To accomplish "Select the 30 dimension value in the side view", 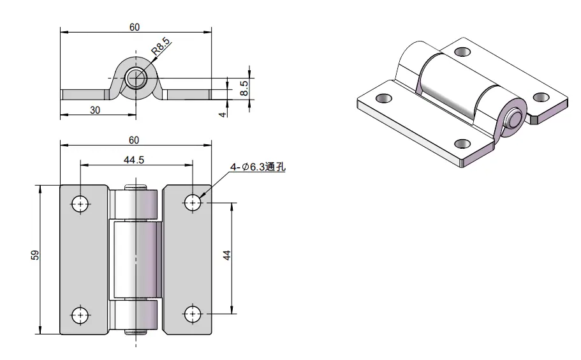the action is point(95,110).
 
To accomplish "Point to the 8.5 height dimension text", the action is point(244,88).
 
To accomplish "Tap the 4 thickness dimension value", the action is point(223,114).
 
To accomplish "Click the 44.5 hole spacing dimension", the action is point(134,160).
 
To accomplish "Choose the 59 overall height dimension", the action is point(35,255).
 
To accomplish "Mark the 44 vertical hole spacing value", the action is point(227,255).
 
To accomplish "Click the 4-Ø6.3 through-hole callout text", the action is point(258,167).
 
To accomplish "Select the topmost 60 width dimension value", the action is point(135,27).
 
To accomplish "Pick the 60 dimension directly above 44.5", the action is point(134,140).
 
